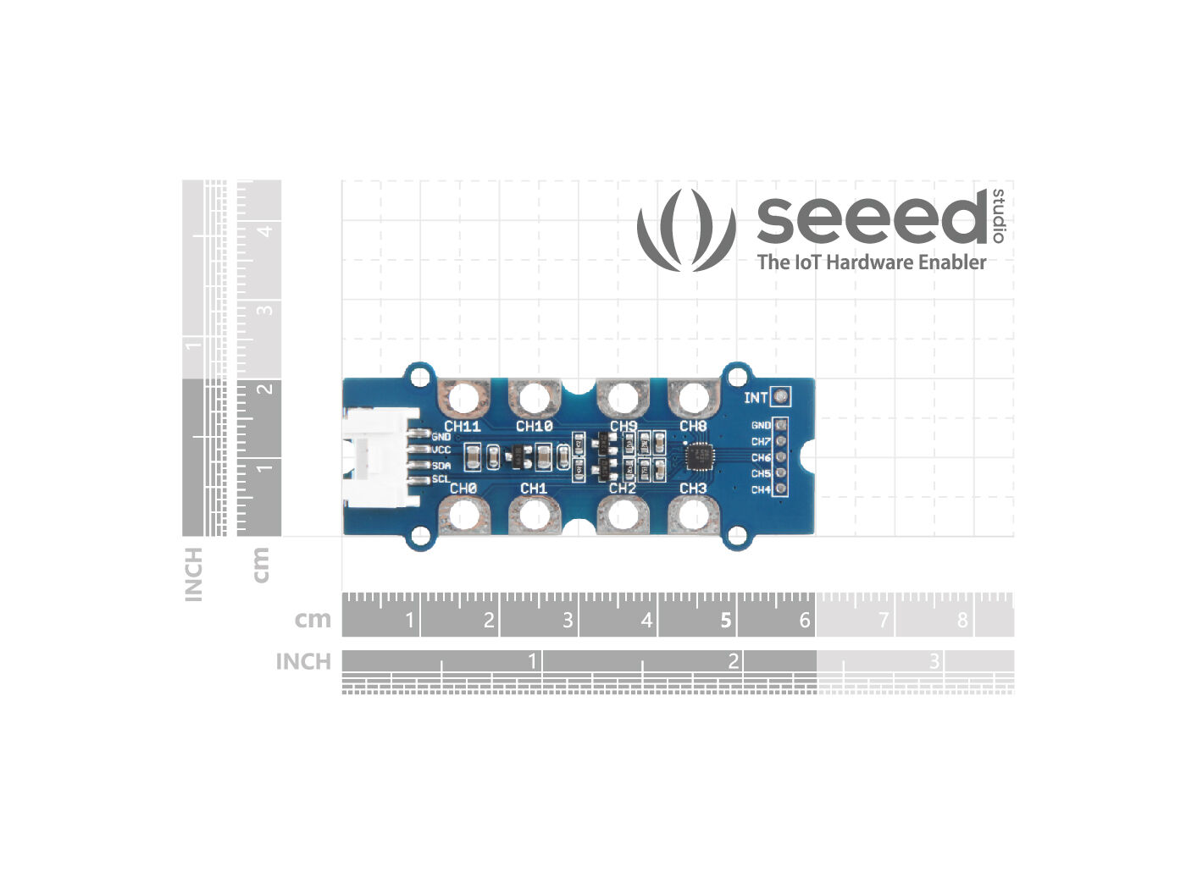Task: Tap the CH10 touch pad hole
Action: coord(534,397)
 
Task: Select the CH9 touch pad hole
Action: coord(623,397)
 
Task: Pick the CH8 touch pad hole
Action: coord(693,397)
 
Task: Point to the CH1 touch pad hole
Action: coord(534,514)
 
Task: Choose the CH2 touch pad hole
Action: coord(623,514)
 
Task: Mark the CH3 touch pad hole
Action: coord(693,514)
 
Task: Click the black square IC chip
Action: coord(700,456)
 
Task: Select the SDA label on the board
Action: coord(441,466)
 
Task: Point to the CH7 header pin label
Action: coord(761,441)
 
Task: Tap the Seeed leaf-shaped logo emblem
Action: coord(686,230)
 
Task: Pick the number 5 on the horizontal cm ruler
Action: coord(725,621)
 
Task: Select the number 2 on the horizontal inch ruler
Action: coord(734,660)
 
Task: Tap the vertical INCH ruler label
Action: coord(194,574)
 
